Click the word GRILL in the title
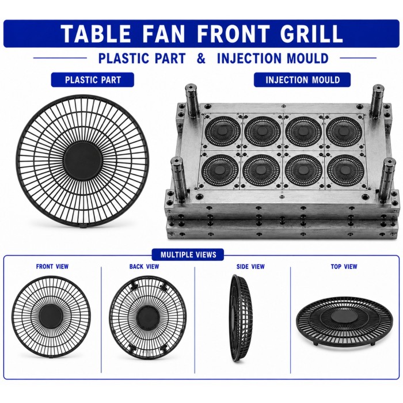[311, 33]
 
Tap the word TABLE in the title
[96, 33]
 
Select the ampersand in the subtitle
[201, 58]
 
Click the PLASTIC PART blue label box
[93, 79]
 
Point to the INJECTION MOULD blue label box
[302, 79]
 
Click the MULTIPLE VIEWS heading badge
[188, 254]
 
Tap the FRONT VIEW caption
[52, 267]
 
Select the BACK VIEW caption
[144, 267]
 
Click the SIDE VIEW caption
[250, 267]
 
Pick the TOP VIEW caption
[344, 267]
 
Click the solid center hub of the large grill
[83, 159]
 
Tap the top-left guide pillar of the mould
[192, 100]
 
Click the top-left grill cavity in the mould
[223, 131]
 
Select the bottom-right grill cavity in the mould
[344, 170]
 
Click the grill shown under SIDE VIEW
[241, 318]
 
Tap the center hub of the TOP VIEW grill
[344, 317]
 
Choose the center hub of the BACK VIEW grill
[148, 317]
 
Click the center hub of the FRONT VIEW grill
[51, 316]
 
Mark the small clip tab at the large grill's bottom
[83, 226]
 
